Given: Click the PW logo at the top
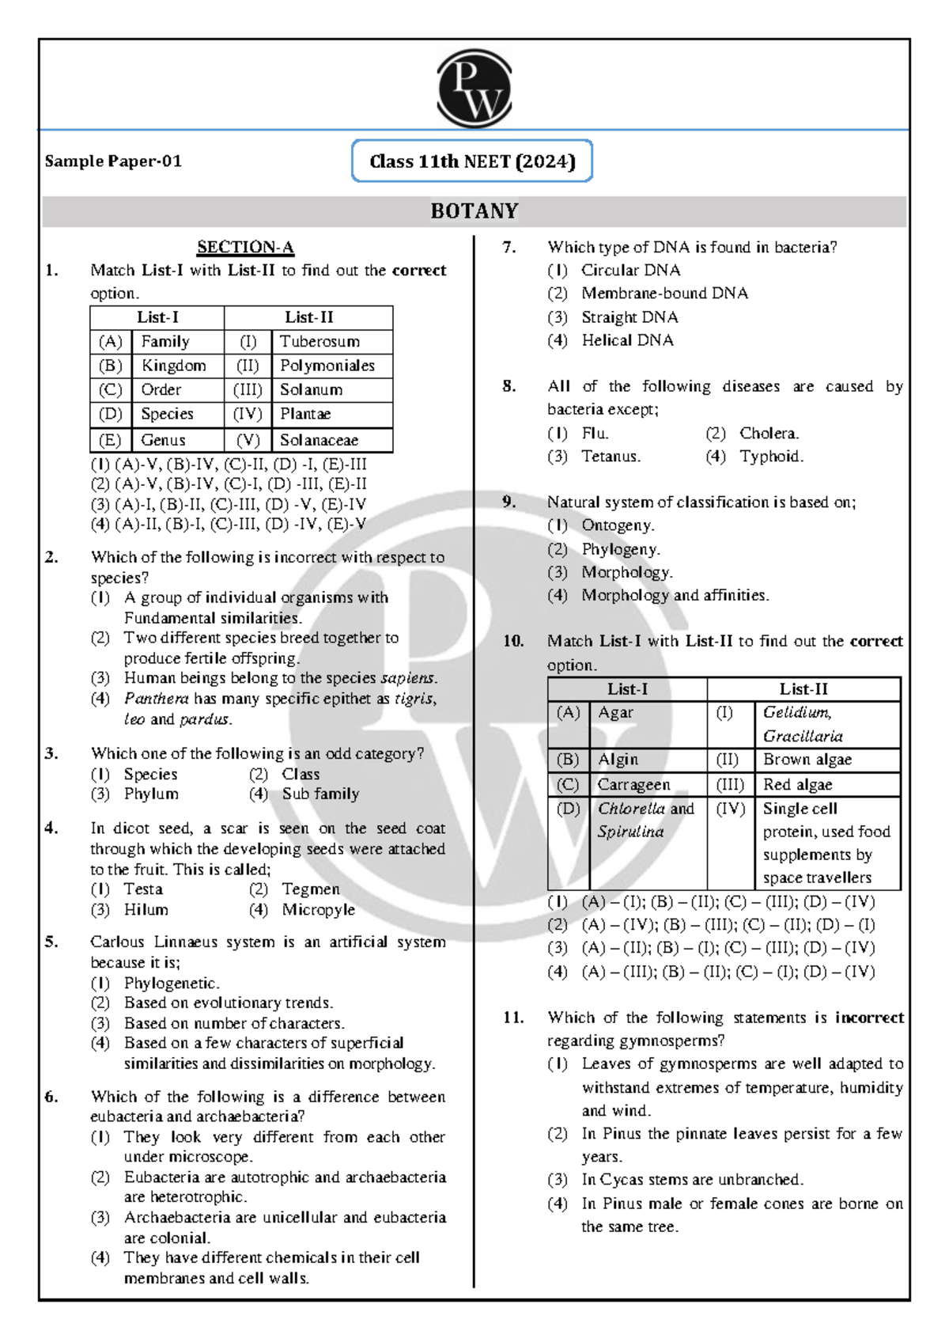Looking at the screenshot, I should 474,88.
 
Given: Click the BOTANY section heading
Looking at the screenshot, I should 475,211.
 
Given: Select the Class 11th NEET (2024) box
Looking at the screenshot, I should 472,161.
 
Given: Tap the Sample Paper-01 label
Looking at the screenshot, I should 113,161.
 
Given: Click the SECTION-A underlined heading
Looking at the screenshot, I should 245,247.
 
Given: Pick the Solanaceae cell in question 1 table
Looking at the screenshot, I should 319,440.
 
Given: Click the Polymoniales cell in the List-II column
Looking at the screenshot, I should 327,366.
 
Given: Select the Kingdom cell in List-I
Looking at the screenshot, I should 173,366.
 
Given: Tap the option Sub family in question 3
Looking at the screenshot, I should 320,794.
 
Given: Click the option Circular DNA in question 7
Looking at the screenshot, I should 630,270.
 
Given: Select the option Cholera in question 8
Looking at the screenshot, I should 769,433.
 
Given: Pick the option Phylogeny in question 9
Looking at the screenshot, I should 620,549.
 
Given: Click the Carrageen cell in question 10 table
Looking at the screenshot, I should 633,784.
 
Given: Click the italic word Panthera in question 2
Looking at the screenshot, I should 156,699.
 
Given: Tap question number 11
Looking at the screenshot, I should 513,1018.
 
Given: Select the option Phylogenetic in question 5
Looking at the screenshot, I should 171,983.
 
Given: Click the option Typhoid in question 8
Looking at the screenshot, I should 771,457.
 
